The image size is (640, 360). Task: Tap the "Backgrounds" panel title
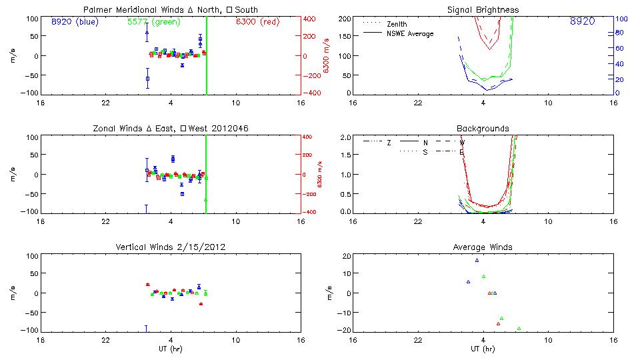point(483,129)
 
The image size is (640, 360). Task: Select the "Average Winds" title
point(483,247)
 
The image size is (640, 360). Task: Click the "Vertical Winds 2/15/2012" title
point(171,247)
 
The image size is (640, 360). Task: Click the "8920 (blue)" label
point(74,21)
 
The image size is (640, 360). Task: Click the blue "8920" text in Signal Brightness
point(582,21)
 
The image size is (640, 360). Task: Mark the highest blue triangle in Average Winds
point(477,260)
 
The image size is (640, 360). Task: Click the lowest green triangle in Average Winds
point(519,328)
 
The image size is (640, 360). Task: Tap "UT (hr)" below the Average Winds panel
point(483,349)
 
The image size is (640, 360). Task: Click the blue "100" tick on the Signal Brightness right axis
point(620,19)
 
